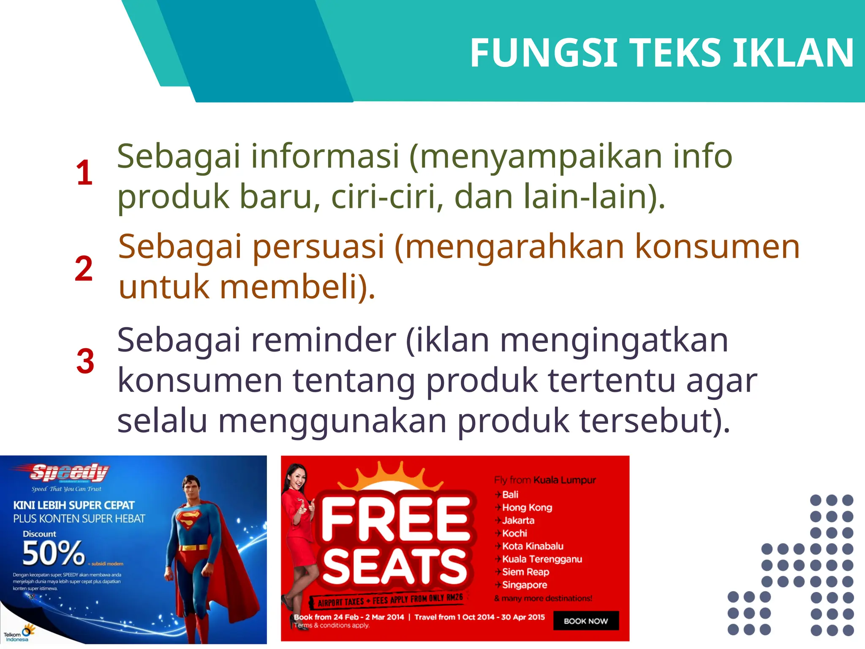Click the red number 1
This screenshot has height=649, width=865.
(84, 173)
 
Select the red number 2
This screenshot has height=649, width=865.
(84, 268)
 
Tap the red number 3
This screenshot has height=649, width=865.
(85, 361)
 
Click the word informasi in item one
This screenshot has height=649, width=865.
(325, 156)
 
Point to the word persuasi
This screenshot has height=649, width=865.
(318, 247)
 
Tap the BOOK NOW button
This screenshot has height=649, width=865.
(586, 621)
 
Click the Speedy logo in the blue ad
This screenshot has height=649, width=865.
(70, 472)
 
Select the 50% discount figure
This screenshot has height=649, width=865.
(53, 553)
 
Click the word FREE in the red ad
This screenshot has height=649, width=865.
(396, 518)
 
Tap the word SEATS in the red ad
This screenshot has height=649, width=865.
(395, 567)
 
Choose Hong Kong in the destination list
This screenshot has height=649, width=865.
(527, 507)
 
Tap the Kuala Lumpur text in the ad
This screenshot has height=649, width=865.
(565, 480)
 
